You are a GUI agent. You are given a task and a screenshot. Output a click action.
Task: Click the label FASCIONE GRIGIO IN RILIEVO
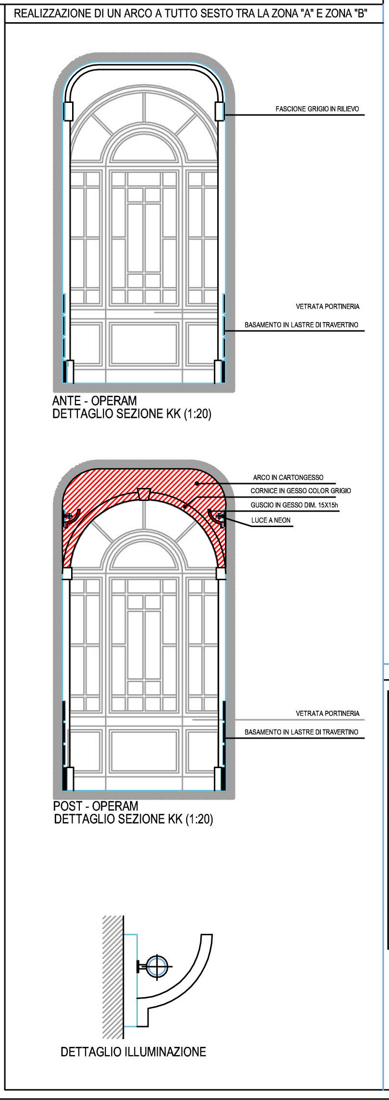coord(317,109)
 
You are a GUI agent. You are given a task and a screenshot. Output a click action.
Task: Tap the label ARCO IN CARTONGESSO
coord(288,477)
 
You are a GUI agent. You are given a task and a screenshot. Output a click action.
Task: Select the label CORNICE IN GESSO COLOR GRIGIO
coord(300,491)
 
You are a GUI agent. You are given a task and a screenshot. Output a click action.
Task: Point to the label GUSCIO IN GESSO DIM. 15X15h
coord(294,505)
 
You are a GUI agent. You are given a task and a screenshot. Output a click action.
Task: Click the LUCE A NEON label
coord(271,520)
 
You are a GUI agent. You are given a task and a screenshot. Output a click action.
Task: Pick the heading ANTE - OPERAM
coord(94,401)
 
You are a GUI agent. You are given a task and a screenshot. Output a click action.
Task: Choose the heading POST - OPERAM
coord(96,806)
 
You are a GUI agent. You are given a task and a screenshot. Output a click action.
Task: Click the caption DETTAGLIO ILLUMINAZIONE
coord(133,1052)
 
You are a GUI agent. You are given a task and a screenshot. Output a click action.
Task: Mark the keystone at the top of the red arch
coord(144,494)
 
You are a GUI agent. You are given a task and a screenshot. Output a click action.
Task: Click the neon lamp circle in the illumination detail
coord(157,966)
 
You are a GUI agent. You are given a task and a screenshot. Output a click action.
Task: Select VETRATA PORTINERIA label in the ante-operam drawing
coord(328,307)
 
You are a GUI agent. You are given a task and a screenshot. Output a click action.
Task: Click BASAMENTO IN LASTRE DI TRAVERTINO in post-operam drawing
coord(301,732)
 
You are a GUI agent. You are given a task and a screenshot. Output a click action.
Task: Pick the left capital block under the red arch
coord(67,573)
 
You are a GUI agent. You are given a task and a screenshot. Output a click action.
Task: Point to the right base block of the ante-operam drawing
coord(219,371)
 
